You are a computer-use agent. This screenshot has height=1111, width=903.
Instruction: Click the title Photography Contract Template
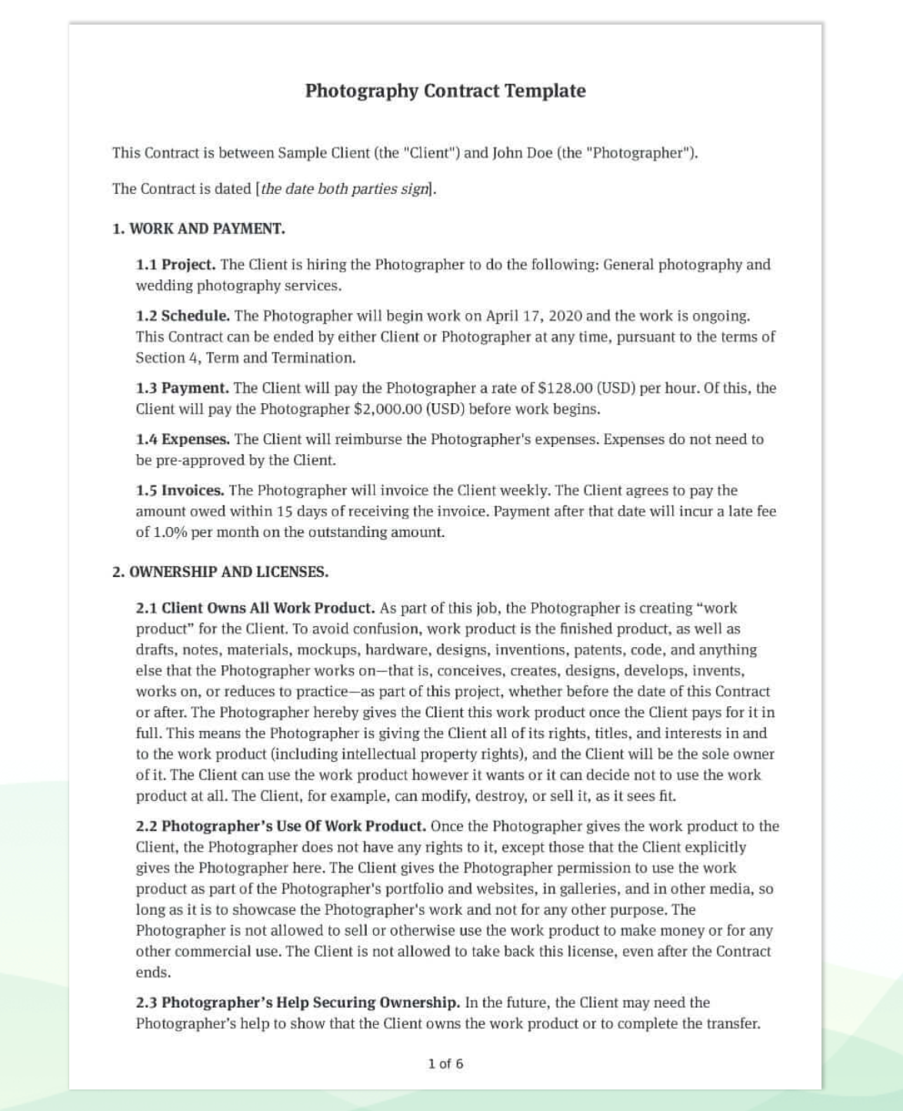(445, 91)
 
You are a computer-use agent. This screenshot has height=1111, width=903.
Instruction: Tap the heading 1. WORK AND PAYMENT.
(198, 229)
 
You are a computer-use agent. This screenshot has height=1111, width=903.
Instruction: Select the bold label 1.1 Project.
(175, 265)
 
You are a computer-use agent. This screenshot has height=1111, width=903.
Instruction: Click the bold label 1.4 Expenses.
(182, 439)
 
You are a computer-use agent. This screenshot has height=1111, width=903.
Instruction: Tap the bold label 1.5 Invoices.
(180, 490)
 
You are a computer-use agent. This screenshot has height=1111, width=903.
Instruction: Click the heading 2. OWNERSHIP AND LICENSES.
(220, 572)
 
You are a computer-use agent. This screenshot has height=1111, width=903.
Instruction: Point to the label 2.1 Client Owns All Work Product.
(255, 608)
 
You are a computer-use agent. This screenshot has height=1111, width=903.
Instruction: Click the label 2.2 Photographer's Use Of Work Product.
(281, 826)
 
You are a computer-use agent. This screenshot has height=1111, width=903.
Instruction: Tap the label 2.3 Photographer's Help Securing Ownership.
(298, 1003)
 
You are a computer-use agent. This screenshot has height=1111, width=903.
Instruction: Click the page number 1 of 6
(445, 1064)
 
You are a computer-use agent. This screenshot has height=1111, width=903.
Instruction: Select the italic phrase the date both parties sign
(344, 189)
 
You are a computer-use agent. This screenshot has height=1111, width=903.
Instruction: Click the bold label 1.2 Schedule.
(182, 315)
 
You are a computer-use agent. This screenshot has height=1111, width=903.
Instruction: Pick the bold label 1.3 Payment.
(182, 388)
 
